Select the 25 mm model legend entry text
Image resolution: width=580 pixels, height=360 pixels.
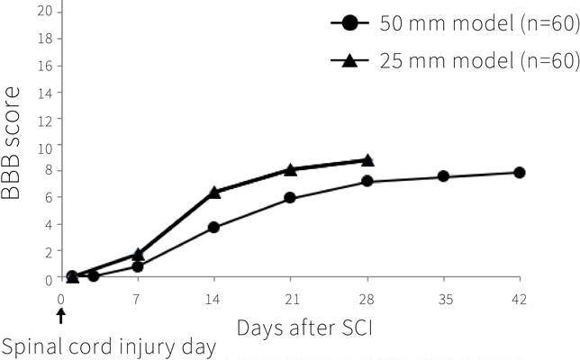478,60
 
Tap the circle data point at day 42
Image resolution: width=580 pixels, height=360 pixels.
520,172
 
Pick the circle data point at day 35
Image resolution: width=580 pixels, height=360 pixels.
443,176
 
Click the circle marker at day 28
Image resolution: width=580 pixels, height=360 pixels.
367,181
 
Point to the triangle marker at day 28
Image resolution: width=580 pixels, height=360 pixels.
367,160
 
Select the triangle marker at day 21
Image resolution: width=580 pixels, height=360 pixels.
291,169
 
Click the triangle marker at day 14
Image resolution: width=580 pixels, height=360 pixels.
214,193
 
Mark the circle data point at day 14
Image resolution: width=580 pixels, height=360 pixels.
214,227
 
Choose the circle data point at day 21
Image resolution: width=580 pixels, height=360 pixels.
291,198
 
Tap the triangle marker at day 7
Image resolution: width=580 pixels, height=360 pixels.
138,255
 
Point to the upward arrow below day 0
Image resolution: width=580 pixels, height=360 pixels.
61,315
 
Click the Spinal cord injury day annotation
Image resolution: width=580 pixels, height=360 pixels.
109,346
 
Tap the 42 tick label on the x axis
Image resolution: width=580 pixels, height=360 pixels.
520,298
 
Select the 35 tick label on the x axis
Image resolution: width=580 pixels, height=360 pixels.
443,298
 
